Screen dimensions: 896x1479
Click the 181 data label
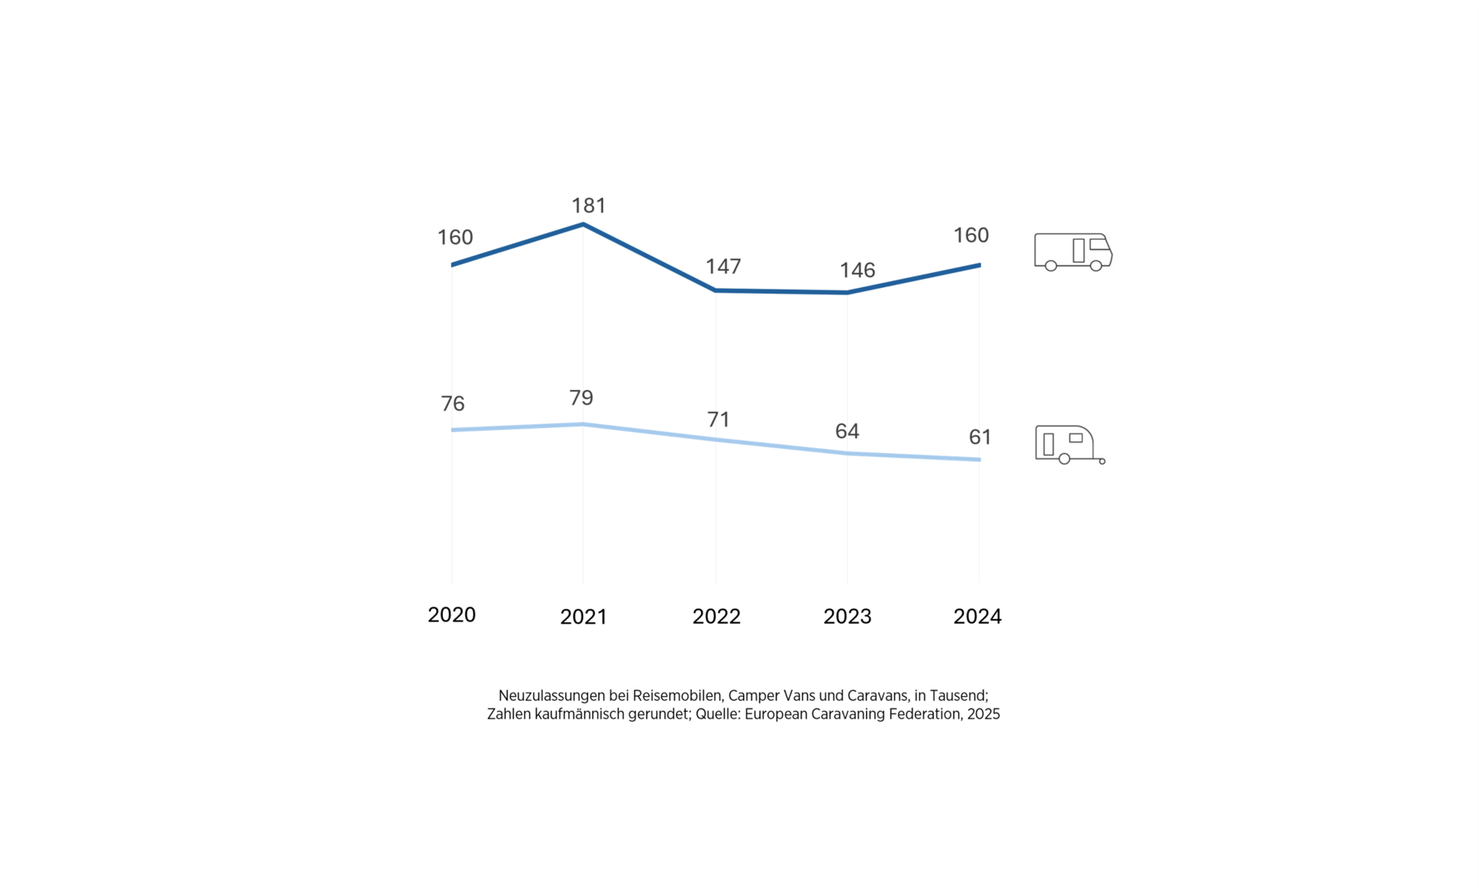[589, 206]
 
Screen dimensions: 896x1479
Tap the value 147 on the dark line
[723, 266]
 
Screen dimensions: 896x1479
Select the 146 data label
[857, 270]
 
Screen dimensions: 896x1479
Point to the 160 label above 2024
[971, 236]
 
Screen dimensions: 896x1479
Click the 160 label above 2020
[455, 238]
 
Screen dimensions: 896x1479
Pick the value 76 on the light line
[453, 404]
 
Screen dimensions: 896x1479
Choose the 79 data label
[581, 398]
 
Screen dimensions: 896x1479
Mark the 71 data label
[718, 420]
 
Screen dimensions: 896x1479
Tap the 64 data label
[847, 431]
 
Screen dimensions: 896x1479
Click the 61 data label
[980, 437]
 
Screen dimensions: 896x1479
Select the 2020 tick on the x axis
[451, 615]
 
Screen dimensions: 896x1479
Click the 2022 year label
[716, 616]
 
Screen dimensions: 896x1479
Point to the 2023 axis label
[847, 616]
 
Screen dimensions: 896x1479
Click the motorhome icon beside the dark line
[1073, 251]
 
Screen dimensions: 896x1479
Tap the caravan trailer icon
[1069, 445]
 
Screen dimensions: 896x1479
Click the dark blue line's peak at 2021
[583, 224]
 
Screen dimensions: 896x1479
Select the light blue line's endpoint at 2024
[980, 460]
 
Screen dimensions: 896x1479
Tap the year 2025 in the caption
[984, 714]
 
